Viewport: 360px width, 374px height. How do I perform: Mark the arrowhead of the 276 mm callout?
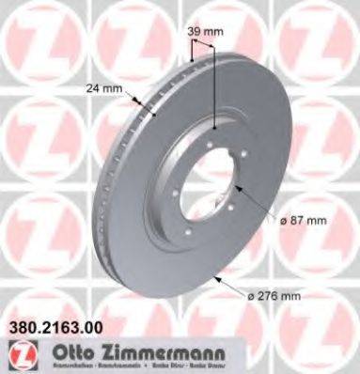point(217,277)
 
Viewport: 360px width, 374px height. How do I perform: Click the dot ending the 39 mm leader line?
point(215,129)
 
